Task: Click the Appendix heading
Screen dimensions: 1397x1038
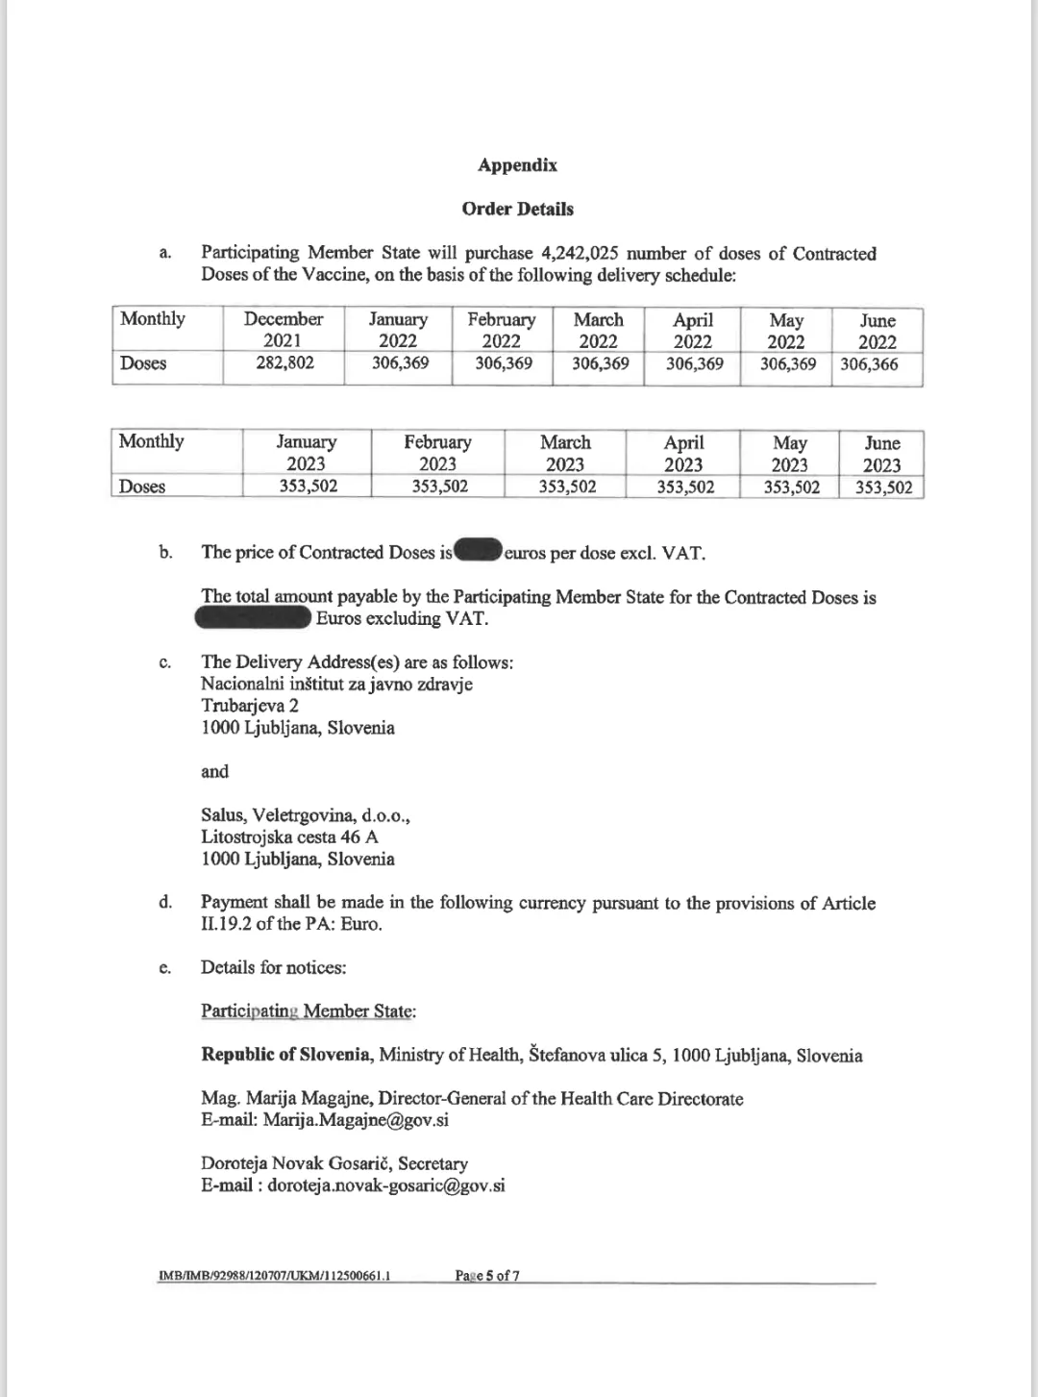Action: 517,165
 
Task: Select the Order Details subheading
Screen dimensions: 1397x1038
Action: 517,210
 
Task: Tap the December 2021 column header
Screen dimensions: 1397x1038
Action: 284,330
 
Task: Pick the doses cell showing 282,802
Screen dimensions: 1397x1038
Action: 285,363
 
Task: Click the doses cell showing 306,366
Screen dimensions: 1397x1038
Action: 870,364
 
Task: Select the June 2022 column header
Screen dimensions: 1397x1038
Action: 877,331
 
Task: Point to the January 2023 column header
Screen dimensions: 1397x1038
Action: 307,453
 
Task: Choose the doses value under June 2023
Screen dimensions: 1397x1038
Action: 883,486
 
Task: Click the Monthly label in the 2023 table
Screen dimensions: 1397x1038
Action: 151,441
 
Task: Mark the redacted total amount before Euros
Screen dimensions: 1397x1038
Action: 255,618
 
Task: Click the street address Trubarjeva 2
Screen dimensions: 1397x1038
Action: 250,706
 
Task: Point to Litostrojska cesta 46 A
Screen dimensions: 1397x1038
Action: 289,837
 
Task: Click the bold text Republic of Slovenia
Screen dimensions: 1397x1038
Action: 286,1056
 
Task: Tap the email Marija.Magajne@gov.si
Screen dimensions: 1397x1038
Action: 356,1120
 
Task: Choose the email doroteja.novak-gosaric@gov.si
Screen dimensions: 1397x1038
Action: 385,1185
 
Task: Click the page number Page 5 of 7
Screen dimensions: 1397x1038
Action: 488,1276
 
